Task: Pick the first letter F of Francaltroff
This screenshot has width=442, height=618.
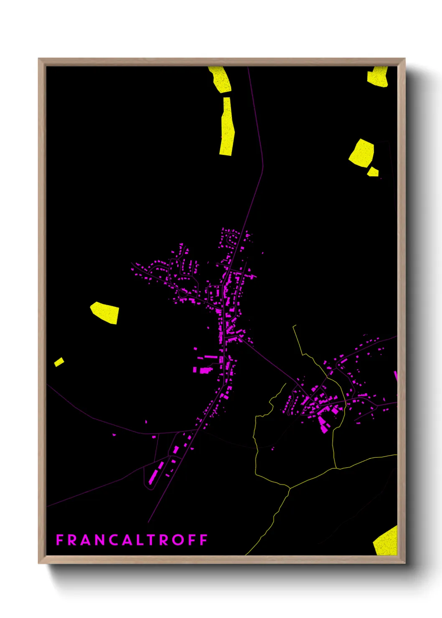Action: coord(60,540)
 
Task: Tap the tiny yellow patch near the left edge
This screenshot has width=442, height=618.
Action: coord(59,362)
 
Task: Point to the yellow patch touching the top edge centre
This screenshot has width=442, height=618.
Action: coord(220,79)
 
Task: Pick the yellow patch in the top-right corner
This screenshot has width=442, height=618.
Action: coord(378,77)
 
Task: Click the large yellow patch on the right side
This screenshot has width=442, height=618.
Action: coord(362,153)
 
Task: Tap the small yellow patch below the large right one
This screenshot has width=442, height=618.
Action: coord(373,172)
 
